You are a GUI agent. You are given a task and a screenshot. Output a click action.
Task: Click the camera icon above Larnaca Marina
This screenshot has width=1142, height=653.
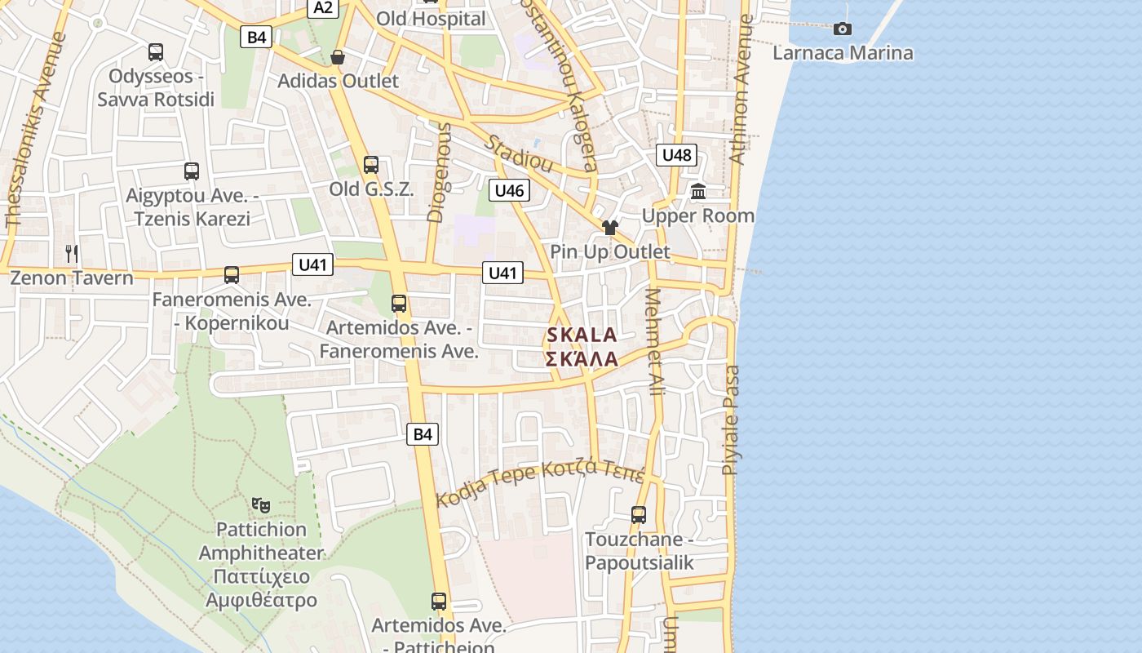coord(843,29)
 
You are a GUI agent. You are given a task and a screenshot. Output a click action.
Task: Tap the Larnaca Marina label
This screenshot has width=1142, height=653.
coord(843,54)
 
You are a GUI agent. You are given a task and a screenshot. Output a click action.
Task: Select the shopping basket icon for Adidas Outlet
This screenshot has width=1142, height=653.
coord(337,57)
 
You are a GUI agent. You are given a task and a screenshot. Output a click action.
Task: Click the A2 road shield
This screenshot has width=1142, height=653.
coord(323,8)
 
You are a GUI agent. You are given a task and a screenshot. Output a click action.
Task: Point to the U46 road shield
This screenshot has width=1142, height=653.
coord(510,191)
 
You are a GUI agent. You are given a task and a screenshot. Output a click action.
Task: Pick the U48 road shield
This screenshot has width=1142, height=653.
coord(677,155)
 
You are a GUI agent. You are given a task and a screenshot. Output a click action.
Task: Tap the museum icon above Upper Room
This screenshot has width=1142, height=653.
coord(698,192)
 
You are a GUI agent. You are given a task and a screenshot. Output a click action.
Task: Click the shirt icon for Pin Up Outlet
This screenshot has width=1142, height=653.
coord(609,228)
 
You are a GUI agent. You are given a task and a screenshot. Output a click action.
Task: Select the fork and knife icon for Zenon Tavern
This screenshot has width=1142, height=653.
coord(72,254)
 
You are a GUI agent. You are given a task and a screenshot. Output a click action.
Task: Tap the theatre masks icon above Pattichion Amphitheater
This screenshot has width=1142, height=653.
coord(261,505)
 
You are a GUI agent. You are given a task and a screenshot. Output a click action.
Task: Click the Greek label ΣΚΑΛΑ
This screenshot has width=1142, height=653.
coord(582,359)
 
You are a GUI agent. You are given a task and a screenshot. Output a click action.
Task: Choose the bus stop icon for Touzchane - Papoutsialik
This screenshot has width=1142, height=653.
coord(639,515)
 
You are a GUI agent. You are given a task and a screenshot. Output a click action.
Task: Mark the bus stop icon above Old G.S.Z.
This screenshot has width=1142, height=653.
coord(371,165)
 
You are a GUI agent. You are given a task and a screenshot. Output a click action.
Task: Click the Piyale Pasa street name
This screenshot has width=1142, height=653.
coord(731,420)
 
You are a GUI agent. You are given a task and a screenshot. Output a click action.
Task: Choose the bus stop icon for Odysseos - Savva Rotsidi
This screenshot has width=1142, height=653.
coord(156,52)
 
